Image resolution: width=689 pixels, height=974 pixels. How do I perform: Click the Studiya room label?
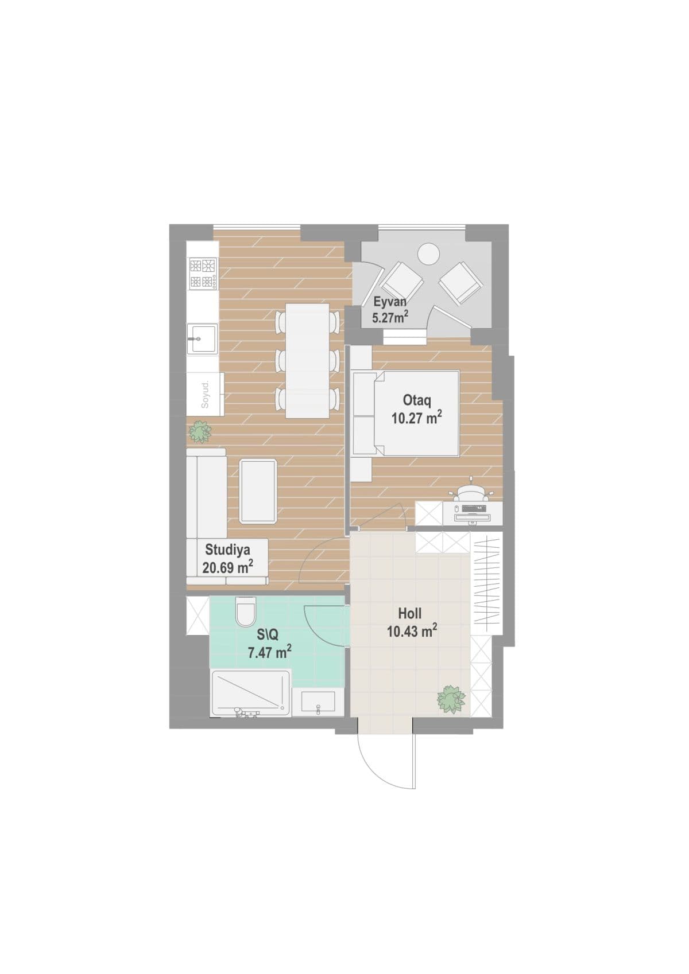[x=228, y=550]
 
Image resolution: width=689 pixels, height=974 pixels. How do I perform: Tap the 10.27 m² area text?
[x=416, y=418]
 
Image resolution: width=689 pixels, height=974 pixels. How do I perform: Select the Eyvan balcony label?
[x=390, y=302]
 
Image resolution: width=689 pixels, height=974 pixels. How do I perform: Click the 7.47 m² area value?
[x=269, y=652]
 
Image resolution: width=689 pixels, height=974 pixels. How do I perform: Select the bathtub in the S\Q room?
[x=250, y=693]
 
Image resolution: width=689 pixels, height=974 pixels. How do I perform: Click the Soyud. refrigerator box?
[x=204, y=394]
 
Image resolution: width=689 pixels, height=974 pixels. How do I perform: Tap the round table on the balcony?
[x=428, y=254]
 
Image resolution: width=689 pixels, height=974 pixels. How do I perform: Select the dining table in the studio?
[x=308, y=360]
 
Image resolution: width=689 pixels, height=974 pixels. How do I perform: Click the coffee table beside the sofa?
[x=258, y=491]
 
